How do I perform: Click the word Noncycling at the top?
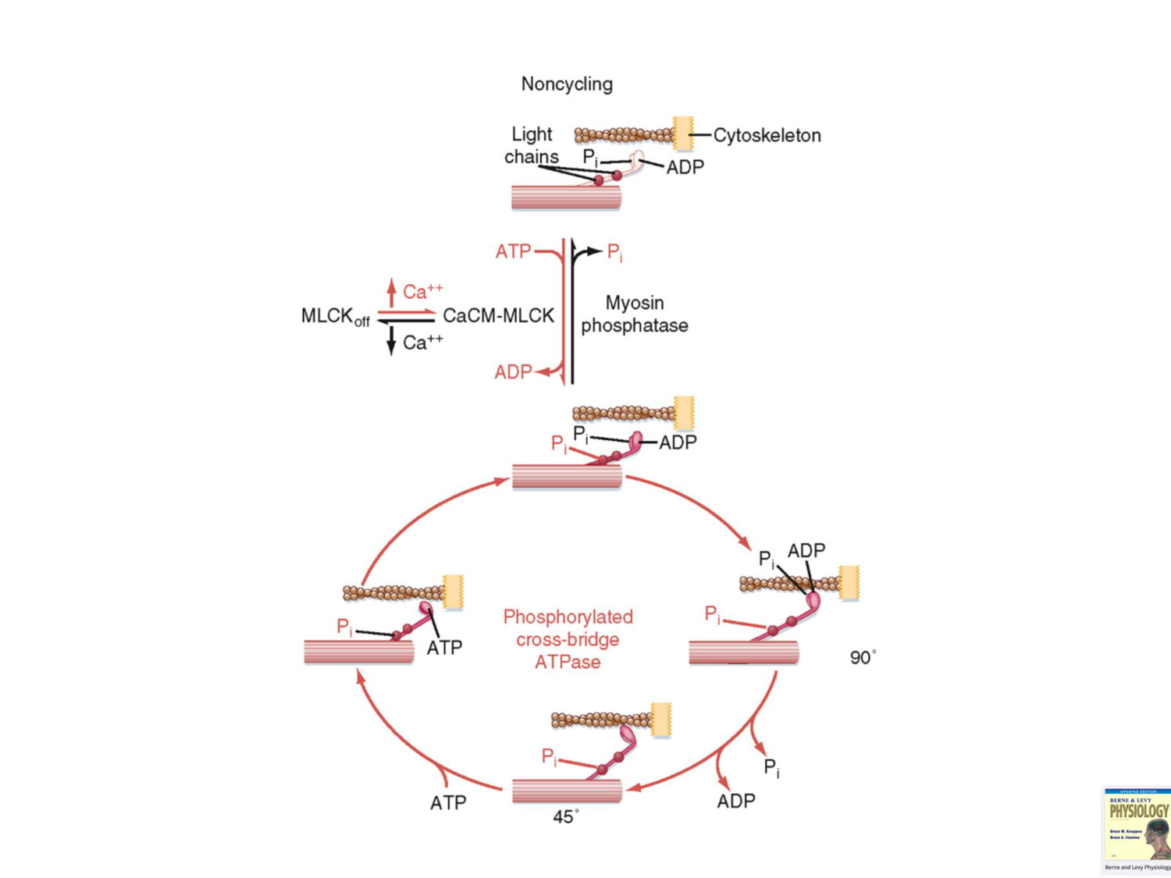(x=567, y=84)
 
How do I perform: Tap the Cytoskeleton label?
(x=767, y=136)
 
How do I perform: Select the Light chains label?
(x=531, y=145)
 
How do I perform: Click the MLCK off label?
(x=335, y=317)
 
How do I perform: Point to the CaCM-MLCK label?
(x=498, y=316)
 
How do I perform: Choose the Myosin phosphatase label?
(x=634, y=314)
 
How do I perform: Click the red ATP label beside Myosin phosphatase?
(x=513, y=251)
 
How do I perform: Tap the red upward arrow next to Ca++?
(x=391, y=293)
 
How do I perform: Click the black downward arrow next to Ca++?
(x=391, y=341)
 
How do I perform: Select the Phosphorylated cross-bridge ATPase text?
(x=568, y=639)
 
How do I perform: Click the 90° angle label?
(x=862, y=658)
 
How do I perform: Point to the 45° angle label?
(x=565, y=817)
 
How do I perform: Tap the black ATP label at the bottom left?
(x=448, y=803)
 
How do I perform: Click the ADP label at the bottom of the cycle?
(x=735, y=802)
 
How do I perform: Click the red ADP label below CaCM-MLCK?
(x=512, y=373)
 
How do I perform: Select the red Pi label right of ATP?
(x=615, y=253)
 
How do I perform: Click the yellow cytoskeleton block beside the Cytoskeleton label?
(x=682, y=133)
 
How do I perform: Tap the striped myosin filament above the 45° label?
(x=567, y=791)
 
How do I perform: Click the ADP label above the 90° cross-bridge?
(x=806, y=551)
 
